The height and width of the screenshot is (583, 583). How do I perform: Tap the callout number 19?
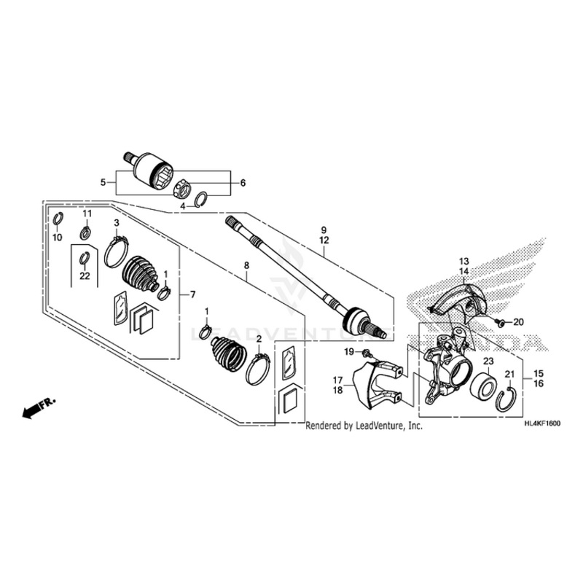[x=349, y=352]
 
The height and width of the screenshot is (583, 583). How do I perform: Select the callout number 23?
[x=488, y=361]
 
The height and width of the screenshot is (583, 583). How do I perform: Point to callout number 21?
[x=510, y=374]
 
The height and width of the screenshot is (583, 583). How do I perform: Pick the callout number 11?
[x=86, y=214]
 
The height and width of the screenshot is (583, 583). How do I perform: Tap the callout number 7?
[x=193, y=294]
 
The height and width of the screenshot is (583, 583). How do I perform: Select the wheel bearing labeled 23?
[x=482, y=386]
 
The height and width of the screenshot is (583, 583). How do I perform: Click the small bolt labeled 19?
[x=366, y=354]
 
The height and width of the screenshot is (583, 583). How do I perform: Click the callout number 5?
[x=103, y=182]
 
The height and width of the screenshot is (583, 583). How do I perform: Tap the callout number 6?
[x=243, y=182]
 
